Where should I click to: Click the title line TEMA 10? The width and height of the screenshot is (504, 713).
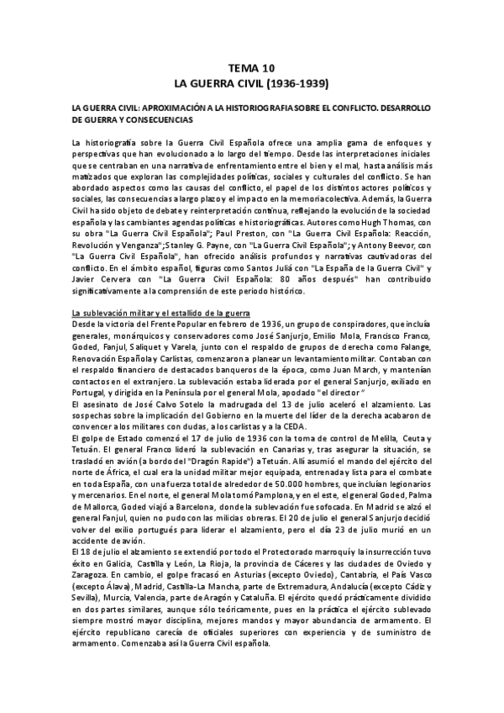point(251,70)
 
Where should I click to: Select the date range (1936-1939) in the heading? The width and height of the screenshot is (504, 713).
point(294,84)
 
